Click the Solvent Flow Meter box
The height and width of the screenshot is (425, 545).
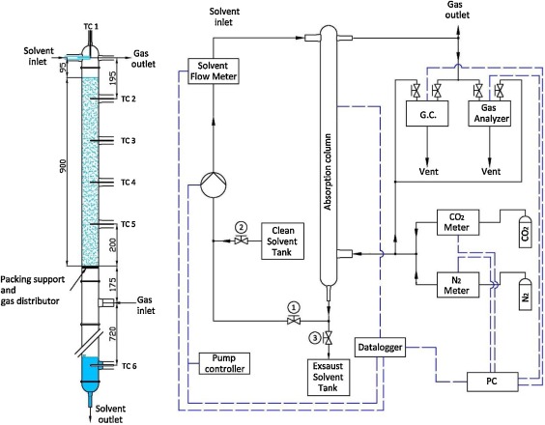coord(214,71)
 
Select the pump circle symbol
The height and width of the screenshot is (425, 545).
coord(214,184)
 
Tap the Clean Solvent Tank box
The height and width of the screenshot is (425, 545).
coord(282,241)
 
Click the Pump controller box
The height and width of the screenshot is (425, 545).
coord(224,363)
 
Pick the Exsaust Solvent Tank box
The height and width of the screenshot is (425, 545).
coord(329,378)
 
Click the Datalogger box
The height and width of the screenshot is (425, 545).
coord(380,347)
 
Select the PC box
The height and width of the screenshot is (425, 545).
coord(492,382)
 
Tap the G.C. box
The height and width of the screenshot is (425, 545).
coord(427,113)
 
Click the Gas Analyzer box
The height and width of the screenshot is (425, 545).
coord(489,113)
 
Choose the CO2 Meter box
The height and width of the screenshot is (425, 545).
coord(458,222)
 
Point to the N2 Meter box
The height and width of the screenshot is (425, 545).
coord(458,285)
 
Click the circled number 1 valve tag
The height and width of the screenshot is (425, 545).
coord(294,307)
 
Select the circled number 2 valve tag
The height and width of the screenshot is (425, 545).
coord(241,228)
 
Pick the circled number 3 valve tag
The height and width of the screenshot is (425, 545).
coord(315,337)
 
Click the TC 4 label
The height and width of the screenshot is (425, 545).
coord(129,183)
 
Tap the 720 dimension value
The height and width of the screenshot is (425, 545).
coord(113,333)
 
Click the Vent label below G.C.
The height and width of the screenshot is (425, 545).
coord(429,171)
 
